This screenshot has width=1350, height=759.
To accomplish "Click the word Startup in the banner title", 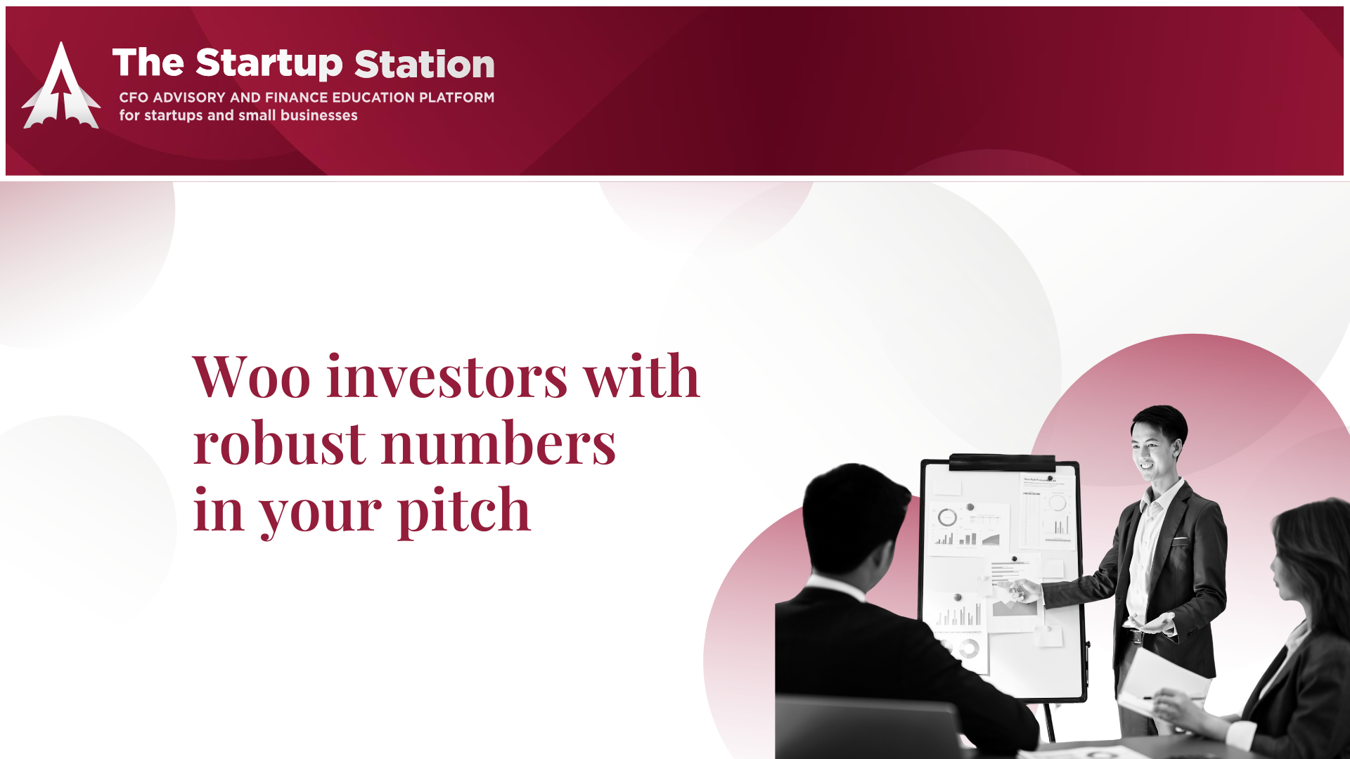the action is pyautogui.click(x=269, y=64).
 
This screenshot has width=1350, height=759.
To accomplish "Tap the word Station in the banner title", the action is pyautogui.click(x=425, y=64).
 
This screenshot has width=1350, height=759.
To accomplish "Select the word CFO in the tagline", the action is pyautogui.click(x=134, y=98).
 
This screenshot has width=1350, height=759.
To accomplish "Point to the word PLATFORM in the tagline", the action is pyautogui.click(x=457, y=98).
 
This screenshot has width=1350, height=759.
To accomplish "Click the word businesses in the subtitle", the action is pyautogui.click(x=319, y=115).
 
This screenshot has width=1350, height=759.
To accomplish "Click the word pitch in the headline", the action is pyautogui.click(x=464, y=511).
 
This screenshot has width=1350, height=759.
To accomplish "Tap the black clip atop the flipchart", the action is pyautogui.click(x=1002, y=462).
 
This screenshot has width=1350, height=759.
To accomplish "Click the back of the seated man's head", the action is pyautogui.click(x=855, y=520).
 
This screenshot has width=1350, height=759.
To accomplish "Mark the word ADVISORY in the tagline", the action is pyautogui.click(x=189, y=98).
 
